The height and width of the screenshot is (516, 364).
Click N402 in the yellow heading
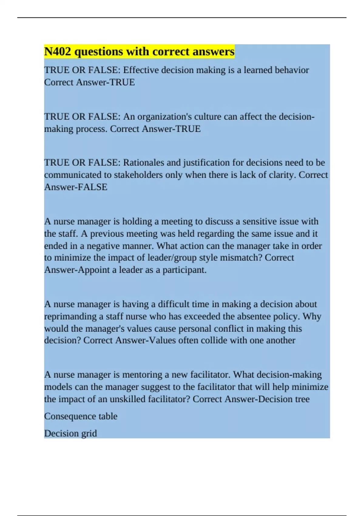tap(58, 52)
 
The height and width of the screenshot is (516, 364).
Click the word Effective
tap(141, 70)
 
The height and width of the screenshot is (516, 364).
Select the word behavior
tap(292, 70)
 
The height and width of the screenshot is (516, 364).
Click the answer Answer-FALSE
tap(76, 187)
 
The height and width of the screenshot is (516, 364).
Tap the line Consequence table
tap(81, 416)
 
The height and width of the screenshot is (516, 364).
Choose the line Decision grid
tap(70, 433)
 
